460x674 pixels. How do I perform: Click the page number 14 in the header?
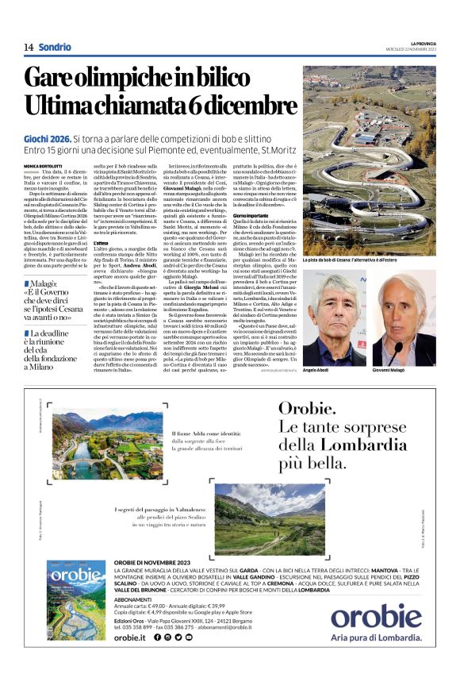click(28, 48)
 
